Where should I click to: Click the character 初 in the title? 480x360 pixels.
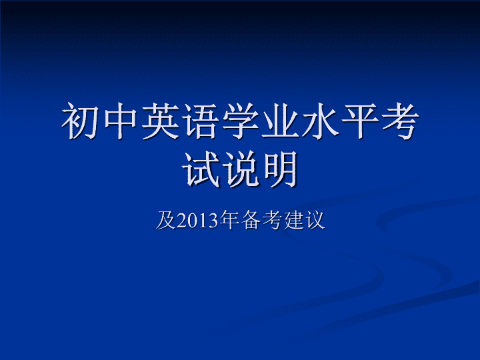click(x=80, y=121)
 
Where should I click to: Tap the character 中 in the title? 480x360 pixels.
click(x=120, y=121)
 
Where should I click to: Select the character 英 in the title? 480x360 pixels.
click(x=161, y=121)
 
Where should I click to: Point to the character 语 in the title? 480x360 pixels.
click(x=200, y=121)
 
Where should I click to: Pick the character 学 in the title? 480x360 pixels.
click(x=240, y=121)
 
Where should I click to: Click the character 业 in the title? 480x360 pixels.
click(x=280, y=121)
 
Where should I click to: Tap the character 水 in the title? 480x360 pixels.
click(x=320, y=121)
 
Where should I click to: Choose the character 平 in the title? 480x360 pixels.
click(x=360, y=121)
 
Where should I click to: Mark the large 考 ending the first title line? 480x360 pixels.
click(x=400, y=121)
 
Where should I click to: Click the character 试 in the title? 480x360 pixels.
click(x=201, y=169)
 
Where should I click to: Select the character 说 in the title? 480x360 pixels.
click(x=241, y=169)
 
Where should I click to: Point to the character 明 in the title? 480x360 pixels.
click(x=281, y=169)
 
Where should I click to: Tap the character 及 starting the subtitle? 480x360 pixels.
click(x=165, y=220)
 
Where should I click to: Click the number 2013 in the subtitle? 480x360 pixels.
click(x=198, y=221)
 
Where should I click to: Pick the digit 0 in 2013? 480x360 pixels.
click(x=193, y=221)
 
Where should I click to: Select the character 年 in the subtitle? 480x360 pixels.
click(x=229, y=220)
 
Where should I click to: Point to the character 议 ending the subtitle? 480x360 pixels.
click(x=315, y=220)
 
